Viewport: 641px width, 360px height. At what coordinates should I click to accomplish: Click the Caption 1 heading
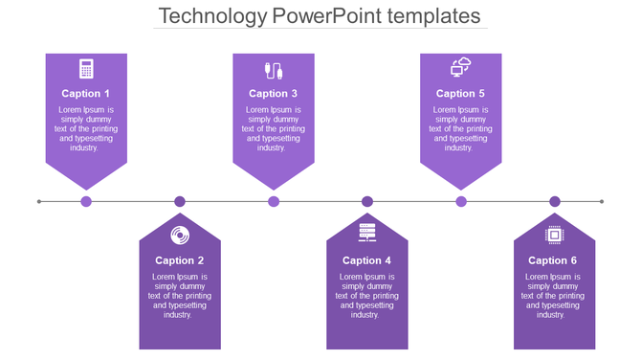pos(86,94)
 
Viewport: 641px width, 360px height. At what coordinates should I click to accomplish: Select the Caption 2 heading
pos(180,260)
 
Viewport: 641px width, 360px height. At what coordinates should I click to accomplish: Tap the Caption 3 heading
pos(274,94)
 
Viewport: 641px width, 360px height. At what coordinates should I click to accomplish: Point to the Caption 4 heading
pos(367,260)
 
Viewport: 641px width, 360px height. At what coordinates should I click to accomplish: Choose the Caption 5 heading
pos(461,94)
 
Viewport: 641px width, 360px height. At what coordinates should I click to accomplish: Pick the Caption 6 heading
pos(554,260)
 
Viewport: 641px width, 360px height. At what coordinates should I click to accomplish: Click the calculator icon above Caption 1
pos(86,69)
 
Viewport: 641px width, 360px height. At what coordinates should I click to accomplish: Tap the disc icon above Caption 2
pos(180,236)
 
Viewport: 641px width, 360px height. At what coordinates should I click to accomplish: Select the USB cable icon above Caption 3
pos(274,70)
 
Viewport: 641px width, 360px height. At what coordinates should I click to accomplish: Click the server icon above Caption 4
pos(367,233)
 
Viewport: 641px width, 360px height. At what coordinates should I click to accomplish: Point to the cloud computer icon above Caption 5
pos(461,67)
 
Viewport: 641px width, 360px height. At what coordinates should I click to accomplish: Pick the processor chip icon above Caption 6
pos(554,236)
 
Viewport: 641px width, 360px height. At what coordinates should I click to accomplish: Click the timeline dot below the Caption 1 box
pos(86,201)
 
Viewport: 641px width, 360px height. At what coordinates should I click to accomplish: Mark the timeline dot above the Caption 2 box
pos(180,201)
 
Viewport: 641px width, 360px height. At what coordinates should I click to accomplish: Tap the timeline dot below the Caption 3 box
pos(274,201)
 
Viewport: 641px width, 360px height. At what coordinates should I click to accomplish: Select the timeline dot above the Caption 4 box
pos(367,201)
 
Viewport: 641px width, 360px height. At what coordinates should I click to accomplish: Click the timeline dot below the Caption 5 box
pos(461,201)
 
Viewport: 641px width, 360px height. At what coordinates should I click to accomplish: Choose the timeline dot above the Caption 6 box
pos(555,201)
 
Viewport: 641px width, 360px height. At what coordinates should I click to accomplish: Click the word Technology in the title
pos(211,16)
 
